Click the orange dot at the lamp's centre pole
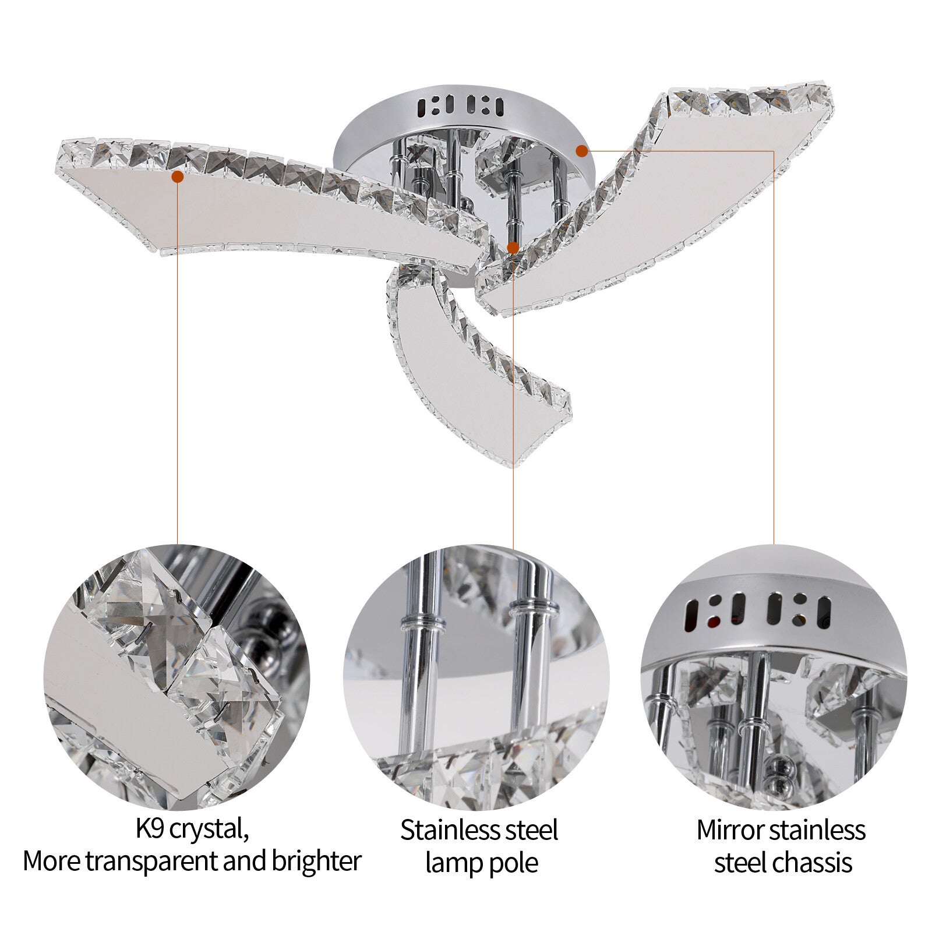tap(513, 248)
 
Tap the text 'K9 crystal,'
tap(192, 830)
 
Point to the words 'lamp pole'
tap(481, 863)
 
